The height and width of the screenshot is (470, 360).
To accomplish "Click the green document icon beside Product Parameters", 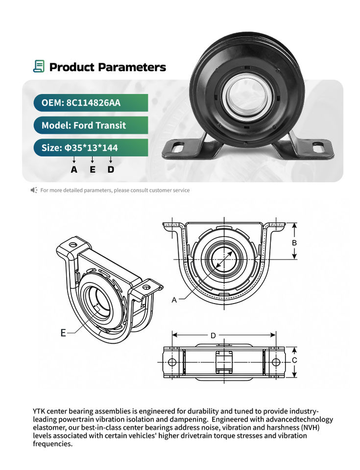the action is pyautogui.click(x=39, y=66).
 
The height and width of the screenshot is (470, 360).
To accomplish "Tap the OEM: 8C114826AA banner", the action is pyautogui.click(x=91, y=103).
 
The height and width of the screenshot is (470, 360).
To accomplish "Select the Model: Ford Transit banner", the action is pyautogui.click(x=91, y=125).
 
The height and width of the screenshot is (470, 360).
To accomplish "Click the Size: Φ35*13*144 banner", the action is pyautogui.click(x=91, y=147).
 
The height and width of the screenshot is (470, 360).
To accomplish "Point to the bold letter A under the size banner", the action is pyautogui.click(x=74, y=169).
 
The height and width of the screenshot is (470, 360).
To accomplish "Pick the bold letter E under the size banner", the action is pyautogui.click(x=93, y=169).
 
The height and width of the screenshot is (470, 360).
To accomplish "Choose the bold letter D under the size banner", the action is pyautogui.click(x=111, y=169).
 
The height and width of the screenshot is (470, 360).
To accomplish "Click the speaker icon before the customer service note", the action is pyautogui.click(x=34, y=190).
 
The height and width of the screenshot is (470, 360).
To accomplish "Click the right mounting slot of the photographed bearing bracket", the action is pyautogui.click(x=318, y=147).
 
